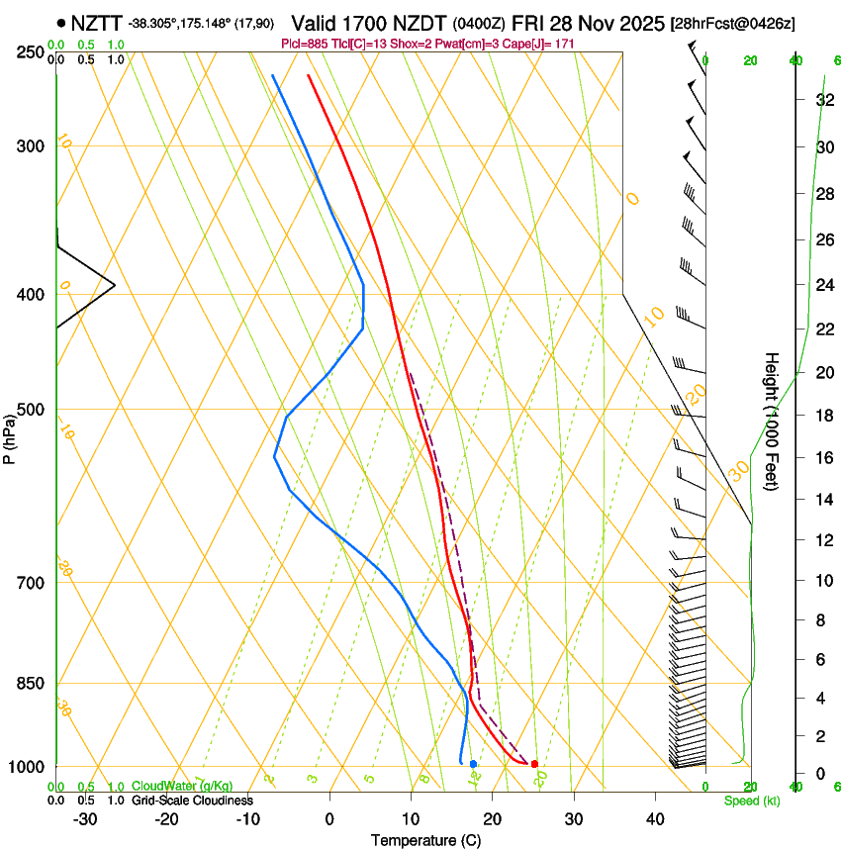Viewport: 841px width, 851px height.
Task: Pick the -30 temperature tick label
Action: click(x=84, y=818)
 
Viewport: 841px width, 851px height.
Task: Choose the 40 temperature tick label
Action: click(x=655, y=818)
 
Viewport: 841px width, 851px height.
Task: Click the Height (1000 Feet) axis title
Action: click(x=772, y=421)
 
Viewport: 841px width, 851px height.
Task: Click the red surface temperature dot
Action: click(x=534, y=764)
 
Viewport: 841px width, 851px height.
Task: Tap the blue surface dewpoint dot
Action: click(x=474, y=764)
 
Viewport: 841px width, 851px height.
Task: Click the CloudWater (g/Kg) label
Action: click(x=182, y=787)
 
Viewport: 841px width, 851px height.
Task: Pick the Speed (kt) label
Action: click(x=751, y=800)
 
